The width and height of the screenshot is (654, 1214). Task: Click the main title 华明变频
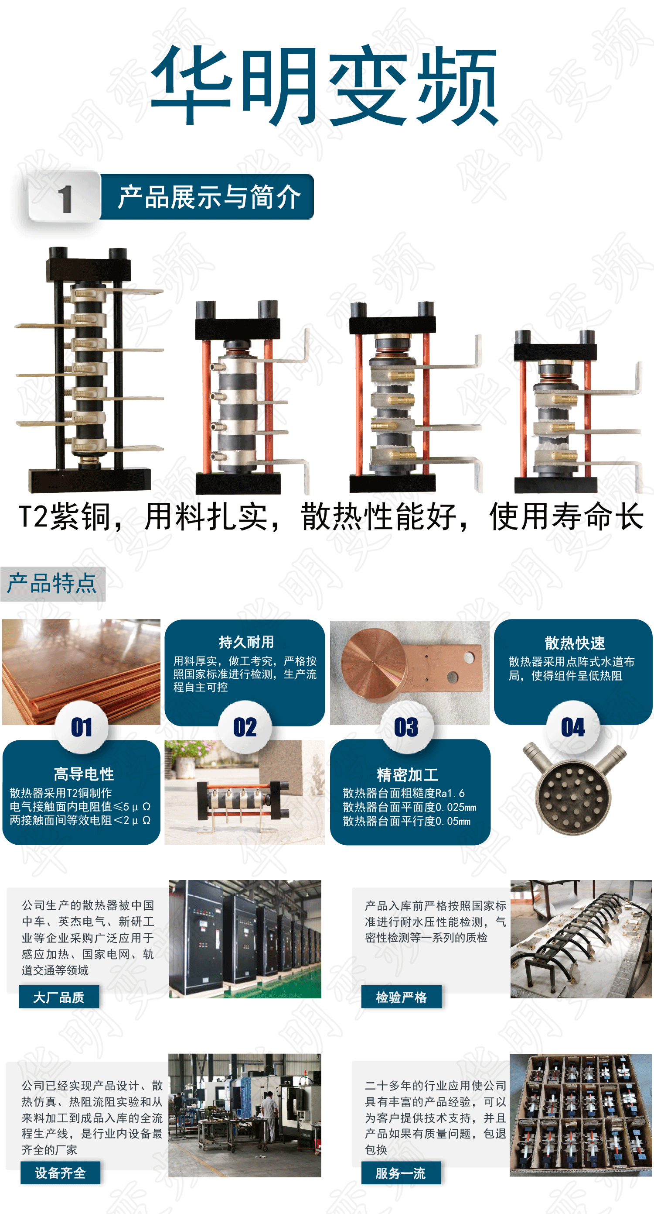(x=324, y=85)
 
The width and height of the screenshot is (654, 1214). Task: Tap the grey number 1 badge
(x=65, y=197)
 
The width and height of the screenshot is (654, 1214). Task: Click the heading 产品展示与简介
(x=209, y=196)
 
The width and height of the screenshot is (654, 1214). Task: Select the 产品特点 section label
(x=52, y=584)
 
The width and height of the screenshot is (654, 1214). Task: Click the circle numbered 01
(x=82, y=727)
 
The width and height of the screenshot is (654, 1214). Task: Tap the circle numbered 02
(x=245, y=727)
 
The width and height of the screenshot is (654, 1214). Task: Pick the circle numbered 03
(x=406, y=727)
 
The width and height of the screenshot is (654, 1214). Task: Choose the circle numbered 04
(x=573, y=727)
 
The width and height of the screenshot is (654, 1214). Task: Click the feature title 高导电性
(x=84, y=774)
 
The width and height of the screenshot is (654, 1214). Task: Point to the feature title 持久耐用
(x=246, y=641)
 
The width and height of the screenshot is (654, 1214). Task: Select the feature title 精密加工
(x=408, y=774)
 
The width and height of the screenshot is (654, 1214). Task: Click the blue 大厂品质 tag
(x=59, y=997)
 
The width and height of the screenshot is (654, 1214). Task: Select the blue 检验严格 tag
(x=402, y=997)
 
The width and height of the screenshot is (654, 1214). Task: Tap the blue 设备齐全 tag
(x=60, y=1173)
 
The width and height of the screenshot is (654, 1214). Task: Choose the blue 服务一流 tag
(x=401, y=1173)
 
